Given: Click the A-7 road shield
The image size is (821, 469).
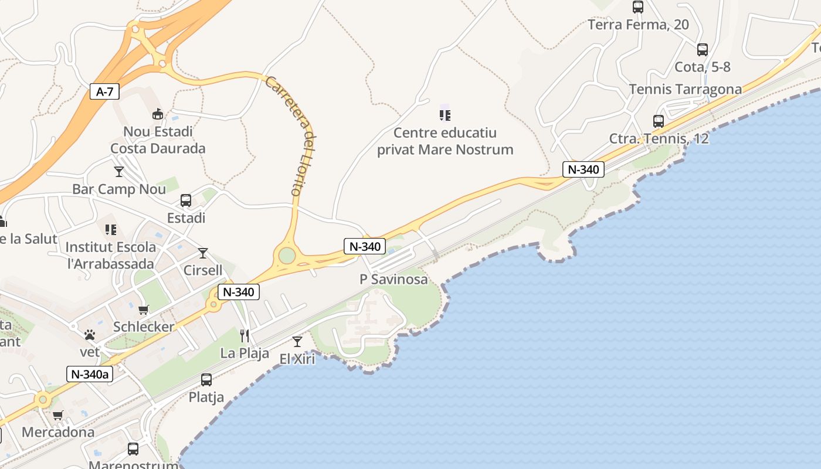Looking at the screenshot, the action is click(x=104, y=91).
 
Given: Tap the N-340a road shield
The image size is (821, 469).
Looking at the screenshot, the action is click(x=89, y=374).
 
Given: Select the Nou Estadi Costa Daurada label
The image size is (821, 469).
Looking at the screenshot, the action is click(x=158, y=140).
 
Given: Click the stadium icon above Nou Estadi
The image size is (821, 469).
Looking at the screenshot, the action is click(x=157, y=114).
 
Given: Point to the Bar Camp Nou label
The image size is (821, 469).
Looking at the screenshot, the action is click(x=119, y=189).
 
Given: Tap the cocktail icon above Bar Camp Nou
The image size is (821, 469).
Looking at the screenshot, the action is click(x=119, y=172).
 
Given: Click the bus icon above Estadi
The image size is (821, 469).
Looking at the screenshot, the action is click(x=186, y=200).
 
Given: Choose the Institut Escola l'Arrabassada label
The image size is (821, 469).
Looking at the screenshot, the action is click(x=111, y=255).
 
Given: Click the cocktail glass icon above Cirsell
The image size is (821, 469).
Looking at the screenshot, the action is click(x=203, y=253).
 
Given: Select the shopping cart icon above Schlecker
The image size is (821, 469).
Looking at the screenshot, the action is click(x=144, y=310).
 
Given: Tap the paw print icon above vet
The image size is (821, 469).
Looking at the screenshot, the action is click(x=90, y=335).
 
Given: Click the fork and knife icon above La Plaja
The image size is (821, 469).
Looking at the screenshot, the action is click(x=245, y=336).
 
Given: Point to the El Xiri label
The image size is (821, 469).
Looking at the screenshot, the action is click(x=297, y=359).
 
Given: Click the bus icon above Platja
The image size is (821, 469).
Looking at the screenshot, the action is click(x=206, y=380).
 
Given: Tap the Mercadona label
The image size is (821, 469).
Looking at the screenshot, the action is click(x=58, y=433).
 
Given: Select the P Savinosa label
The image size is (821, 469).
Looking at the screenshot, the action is click(x=394, y=280).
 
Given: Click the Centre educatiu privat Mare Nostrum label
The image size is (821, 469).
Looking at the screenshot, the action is click(x=445, y=141).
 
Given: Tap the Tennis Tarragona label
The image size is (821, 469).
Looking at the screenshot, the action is click(x=686, y=89).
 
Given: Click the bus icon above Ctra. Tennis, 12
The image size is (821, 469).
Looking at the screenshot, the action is click(x=659, y=121).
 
